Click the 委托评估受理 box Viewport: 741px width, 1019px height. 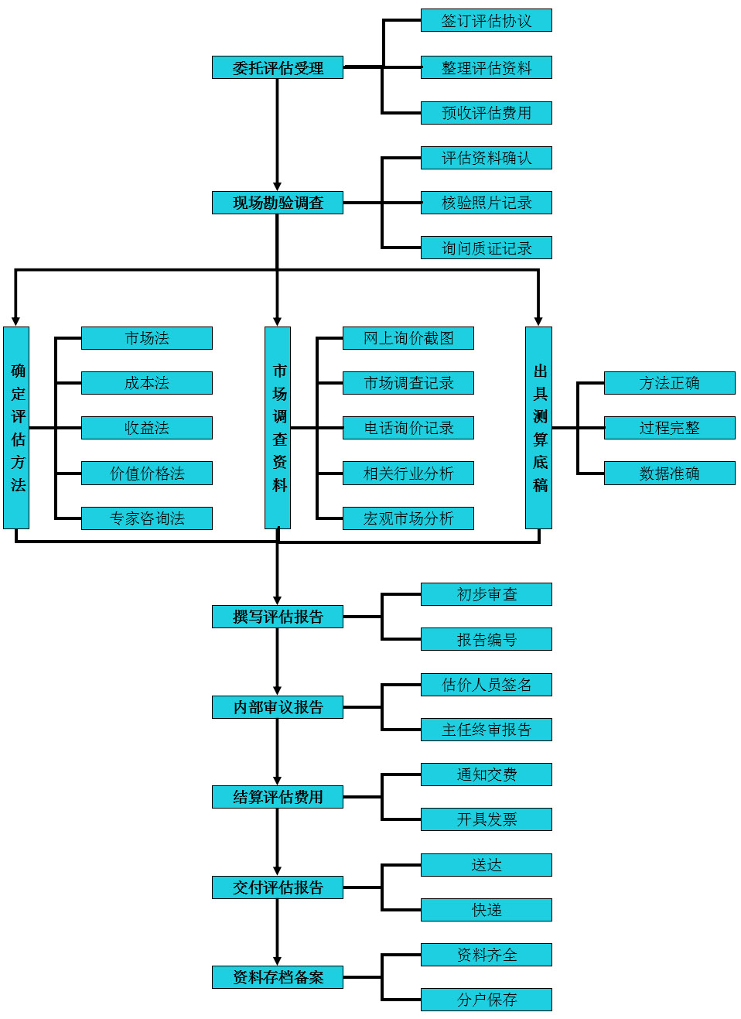(278, 67)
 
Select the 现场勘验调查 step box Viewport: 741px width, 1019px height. (278, 203)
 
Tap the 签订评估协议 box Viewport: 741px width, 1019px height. (486, 21)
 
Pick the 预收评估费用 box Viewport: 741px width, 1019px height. (486, 113)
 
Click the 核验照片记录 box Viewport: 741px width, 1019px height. (486, 203)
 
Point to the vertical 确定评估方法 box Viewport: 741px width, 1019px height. (16, 427)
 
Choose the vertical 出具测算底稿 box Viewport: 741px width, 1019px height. (538, 427)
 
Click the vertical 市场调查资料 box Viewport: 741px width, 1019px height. (278, 427)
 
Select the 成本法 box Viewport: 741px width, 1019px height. (147, 383)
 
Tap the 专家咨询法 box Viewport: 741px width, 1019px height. (147, 518)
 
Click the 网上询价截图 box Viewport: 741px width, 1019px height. (408, 338)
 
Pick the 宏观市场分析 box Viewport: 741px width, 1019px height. (408, 518)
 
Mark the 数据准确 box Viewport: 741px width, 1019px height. (669, 474)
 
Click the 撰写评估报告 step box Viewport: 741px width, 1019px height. (278, 617)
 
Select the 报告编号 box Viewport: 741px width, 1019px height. (486, 639)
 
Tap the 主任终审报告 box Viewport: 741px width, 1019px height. (486, 730)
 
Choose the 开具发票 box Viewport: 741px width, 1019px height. (486, 819)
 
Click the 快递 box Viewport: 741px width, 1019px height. (486, 910)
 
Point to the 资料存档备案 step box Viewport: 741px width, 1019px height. (278, 977)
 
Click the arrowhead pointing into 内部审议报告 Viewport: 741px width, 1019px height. (278, 690)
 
